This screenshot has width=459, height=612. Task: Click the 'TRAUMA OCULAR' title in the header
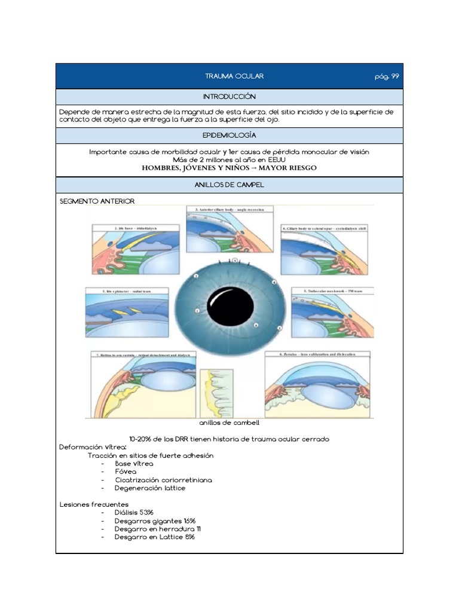click(x=234, y=76)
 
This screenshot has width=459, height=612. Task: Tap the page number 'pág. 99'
click(x=387, y=76)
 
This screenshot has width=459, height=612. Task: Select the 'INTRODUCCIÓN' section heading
click(x=229, y=97)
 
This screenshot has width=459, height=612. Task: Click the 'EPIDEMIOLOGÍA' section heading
click(x=229, y=136)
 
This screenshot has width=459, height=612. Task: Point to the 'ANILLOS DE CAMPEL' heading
click(x=229, y=185)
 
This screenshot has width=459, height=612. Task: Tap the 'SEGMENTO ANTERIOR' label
click(x=97, y=201)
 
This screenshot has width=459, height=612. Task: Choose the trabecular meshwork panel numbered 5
click(x=333, y=314)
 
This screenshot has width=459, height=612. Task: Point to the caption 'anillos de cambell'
click(x=229, y=423)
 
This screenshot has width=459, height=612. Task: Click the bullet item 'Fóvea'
click(x=126, y=472)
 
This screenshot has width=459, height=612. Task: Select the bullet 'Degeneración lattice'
click(x=150, y=488)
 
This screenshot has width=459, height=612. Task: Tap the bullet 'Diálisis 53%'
click(x=134, y=513)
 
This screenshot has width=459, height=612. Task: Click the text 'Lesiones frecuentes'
click(x=94, y=504)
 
